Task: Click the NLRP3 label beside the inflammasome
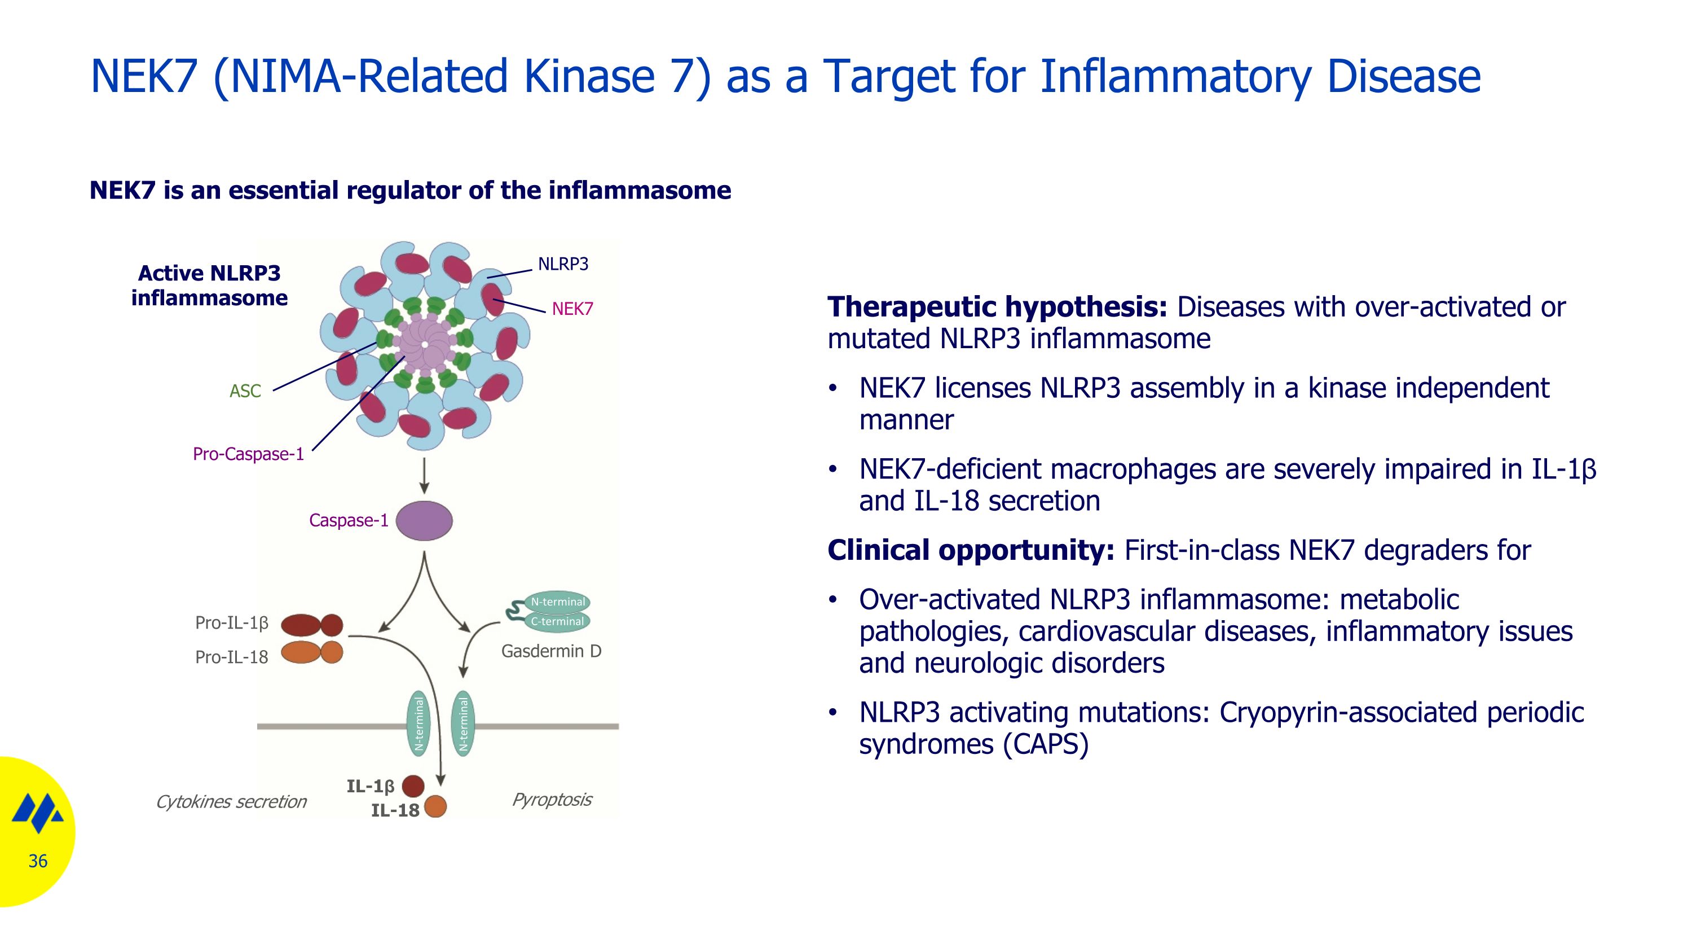pyautogui.click(x=562, y=264)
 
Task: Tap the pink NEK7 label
pyautogui.click(x=571, y=309)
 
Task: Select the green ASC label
pyautogui.click(x=245, y=392)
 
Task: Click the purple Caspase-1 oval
pyautogui.click(x=424, y=521)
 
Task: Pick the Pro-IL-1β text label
pyautogui.click(x=231, y=624)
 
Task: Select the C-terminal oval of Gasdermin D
pyautogui.click(x=557, y=621)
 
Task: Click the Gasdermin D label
pyautogui.click(x=550, y=652)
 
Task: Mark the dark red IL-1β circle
pyautogui.click(x=412, y=786)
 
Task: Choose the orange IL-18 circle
pyautogui.click(x=435, y=806)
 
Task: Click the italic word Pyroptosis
pyautogui.click(x=551, y=800)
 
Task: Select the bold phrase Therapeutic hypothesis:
pyautogui.click(x=997, y=308)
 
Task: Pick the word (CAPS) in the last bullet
pyautogui.click(x=1045, y=744)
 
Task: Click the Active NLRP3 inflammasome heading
pyautogui.click(x=209, y=286)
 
